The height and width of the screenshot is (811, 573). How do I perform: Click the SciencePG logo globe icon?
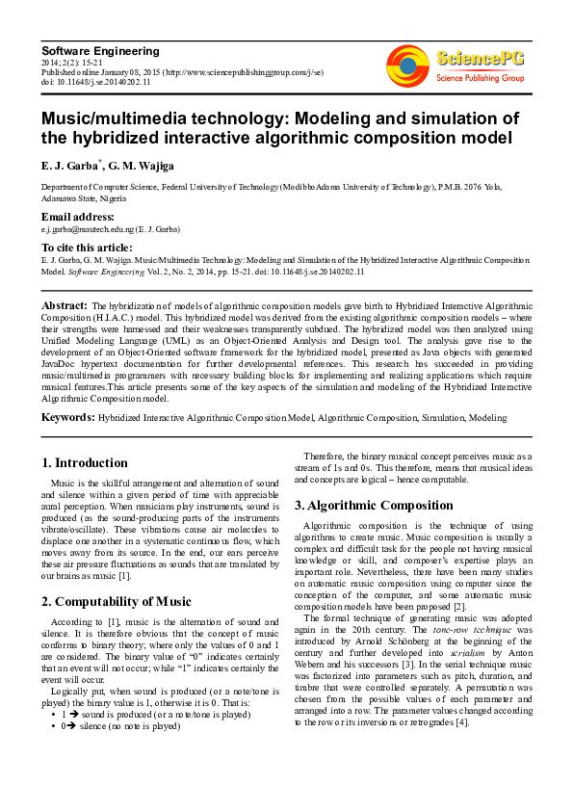click(x=407, y=66)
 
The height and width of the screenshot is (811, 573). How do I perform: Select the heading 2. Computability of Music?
click(x=117, y=602)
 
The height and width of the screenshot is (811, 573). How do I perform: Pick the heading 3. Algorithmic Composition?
click(x=373, y=505)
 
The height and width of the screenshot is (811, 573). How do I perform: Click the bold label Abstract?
click(x=65, y=304)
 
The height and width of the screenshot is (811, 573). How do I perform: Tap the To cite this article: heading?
click(x=88, y=248)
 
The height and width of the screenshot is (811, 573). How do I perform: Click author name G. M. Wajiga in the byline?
click(x=143, y=167)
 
